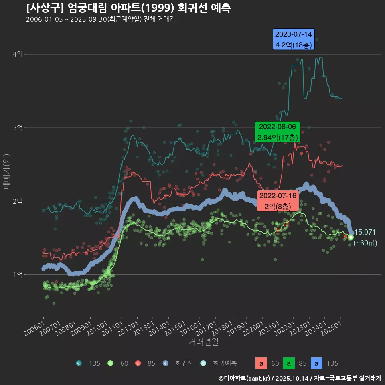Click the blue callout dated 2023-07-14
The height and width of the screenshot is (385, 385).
(x=294, y=40)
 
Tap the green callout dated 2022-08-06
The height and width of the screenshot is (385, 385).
(x=278, y=132)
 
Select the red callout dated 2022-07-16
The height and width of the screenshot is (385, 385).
(x=278, y=201)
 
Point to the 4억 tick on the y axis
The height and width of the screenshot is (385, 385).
(x=17, y=54)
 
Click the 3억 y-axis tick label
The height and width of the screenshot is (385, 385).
(x=17, y=128)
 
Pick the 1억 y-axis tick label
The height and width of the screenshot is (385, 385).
(x=17, y=275)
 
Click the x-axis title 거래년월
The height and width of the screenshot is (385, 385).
(x=203, y=342)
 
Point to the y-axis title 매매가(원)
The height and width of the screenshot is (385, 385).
(x=6, y=171)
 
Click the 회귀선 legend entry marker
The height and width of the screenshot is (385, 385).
(x=165, y=363)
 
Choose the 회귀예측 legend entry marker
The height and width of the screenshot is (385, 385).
(x=203, y=363)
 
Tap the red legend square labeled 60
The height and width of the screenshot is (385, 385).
(x=261, y=363)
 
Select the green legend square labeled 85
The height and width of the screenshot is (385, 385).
(x=289, y=363)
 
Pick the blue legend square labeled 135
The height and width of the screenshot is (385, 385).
(x=317, y=363)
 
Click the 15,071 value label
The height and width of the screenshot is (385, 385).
(x=365, y=232)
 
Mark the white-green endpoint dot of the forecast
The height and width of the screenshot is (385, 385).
(x=351, y=237)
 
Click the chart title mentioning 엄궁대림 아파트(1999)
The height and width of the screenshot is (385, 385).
(x=128, y=8)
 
